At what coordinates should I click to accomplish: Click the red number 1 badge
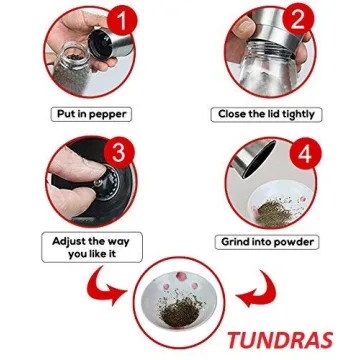tap(122, 20)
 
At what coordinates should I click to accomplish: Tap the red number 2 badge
tap(298, 19)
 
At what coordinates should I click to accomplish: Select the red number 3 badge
tap(119, 152)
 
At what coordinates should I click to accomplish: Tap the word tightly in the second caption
tap(298, 114)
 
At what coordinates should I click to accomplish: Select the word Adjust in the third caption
tap(68, 241)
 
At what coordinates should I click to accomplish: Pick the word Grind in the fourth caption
tap(233, 242)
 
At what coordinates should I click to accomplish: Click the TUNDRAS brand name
tap(280, 340)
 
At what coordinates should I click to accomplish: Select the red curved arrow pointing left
tap(256, 288)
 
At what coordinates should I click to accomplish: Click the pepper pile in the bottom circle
tap(179, 312)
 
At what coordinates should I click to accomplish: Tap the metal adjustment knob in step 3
tap(99, 182)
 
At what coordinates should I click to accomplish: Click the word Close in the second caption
tap(232, 114)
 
